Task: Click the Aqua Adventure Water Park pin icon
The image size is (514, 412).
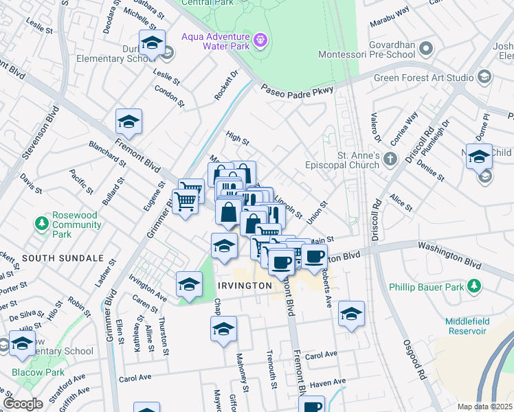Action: tap(260, 41)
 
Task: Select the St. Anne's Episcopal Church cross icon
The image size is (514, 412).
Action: tap(390, 160)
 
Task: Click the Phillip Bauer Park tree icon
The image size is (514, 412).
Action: tap(473, 285)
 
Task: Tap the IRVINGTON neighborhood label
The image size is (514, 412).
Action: tap(241, 285)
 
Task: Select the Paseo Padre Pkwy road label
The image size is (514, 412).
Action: tap(297, 89)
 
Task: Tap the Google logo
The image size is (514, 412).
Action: tap(23, 403)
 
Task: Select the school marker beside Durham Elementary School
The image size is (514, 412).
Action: tap(152, 44)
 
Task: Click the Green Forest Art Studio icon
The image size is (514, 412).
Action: tap(485, 77)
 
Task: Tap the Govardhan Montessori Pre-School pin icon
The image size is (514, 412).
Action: tap(426, 49)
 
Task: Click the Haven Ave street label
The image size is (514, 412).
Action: tap(327, 382)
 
